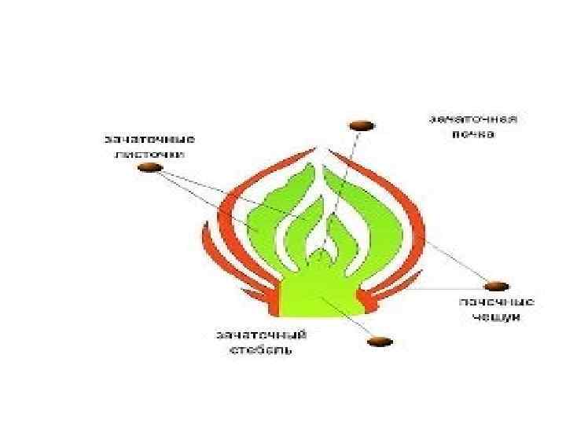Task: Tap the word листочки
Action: point(150,155)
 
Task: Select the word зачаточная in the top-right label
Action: point(472,121)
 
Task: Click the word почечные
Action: point(497,302)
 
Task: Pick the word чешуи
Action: point(497,316)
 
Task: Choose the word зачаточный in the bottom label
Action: point(262,334)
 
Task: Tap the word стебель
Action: point(262,349)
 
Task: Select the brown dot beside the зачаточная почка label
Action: point(362,124)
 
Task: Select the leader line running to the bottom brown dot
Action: point(350,318)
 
